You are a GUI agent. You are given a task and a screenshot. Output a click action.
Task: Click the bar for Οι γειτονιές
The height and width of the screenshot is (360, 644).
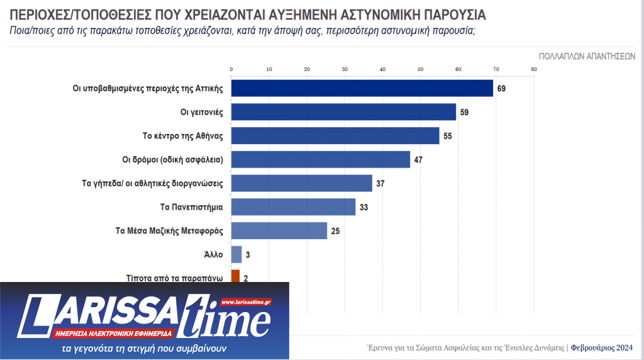click(343, 112)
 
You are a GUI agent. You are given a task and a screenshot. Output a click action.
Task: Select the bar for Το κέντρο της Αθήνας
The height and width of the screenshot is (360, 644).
click(335, 136)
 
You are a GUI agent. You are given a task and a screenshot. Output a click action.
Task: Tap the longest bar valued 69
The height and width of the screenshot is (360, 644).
click(362, 88)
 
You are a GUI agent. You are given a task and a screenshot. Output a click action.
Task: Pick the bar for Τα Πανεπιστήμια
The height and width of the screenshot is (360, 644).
click(294, 207)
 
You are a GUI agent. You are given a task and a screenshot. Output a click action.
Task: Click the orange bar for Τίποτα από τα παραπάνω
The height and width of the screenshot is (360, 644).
click(235, 276)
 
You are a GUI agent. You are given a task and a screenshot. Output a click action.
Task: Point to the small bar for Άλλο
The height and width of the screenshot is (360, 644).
click(236, 254)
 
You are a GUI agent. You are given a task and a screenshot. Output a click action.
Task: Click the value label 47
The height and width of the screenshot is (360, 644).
click(418, 160)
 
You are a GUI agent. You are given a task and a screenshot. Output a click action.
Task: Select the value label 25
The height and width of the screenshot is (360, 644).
click(335, 231)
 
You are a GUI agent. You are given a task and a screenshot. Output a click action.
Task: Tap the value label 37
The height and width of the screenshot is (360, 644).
click(380, 184)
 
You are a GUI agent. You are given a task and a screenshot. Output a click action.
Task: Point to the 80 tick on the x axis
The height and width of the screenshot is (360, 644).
click(534, 69)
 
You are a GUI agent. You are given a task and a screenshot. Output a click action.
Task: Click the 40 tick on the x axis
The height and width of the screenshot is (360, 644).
click(382, 69)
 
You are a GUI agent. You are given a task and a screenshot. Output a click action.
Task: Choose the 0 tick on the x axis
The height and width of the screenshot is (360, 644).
click(231, 69)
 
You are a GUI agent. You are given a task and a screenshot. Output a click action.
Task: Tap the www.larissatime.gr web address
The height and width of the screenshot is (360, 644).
click(246, 303)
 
